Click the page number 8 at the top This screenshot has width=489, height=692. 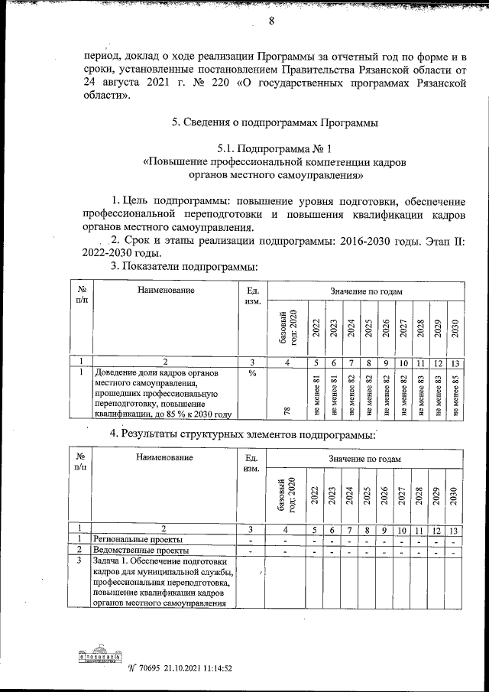[x=270, y=21]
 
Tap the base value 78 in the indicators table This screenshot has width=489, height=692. [x=287, y=411]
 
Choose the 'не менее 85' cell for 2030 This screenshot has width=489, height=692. [x=455, y=394]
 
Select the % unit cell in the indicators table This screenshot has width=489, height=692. [x=251, y=374]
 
